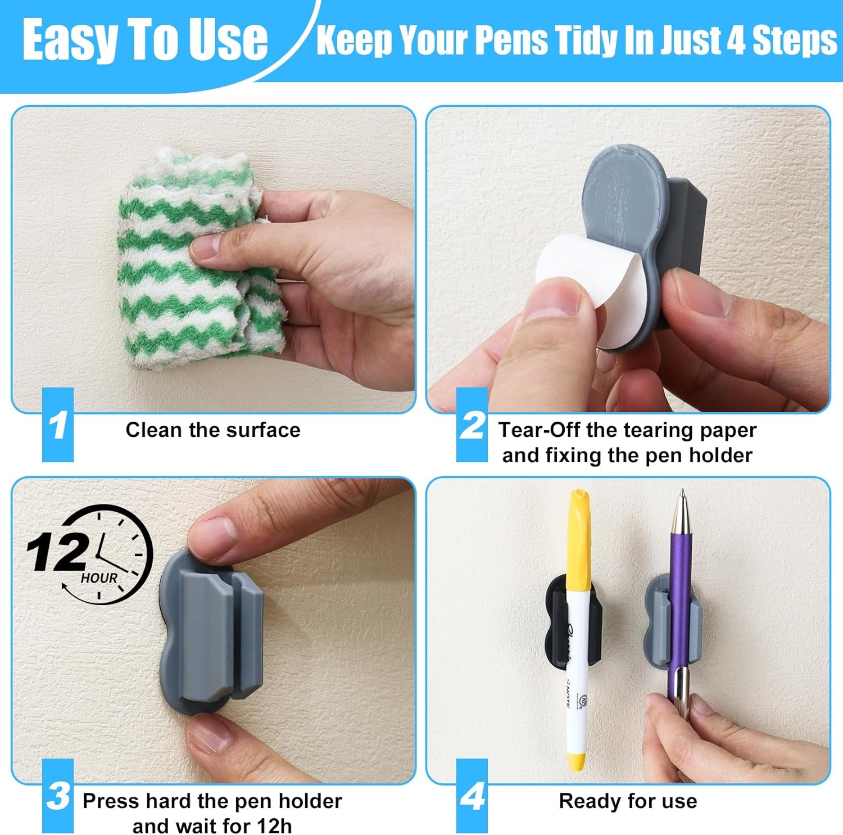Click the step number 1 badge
click(58, 425)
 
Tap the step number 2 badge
click(472, 425)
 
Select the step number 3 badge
click(58, 796)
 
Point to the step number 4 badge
click(472, 796)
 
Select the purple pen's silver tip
click(682, 500)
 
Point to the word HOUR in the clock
click(99, 578)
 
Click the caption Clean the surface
click(212, 430)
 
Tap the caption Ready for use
click(628, 801)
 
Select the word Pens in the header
click(511, 40)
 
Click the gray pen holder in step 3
click(214, 635)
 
